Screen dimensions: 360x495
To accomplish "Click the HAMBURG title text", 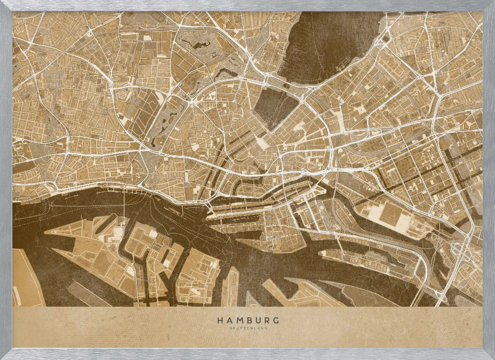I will [247, 320].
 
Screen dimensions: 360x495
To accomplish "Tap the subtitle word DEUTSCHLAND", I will [247, 328].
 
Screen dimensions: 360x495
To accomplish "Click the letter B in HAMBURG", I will [248, 320].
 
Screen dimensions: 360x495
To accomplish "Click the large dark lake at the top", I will [327, 45].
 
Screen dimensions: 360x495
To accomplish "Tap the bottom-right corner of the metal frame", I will [491, 356].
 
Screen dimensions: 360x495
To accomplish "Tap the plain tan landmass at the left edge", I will [25, 277].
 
